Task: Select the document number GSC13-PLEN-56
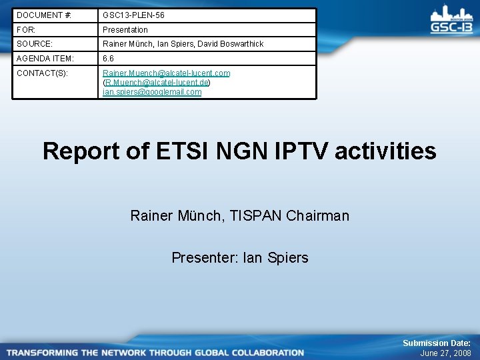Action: tap(133, 15)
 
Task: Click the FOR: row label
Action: tap(26, 30)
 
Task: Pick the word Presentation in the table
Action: tap(125, 30)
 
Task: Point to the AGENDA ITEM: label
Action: tap(45, 59)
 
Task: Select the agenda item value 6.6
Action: tap(108, 59)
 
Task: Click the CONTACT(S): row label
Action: tap(42, 73)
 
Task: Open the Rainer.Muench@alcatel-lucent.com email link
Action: tap(166, 73)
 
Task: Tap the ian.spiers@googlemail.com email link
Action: tap(152, 92)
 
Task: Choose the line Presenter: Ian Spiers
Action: tap(240, 257)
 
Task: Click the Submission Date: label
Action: tap(436, 343)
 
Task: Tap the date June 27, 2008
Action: tap(445, 353)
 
